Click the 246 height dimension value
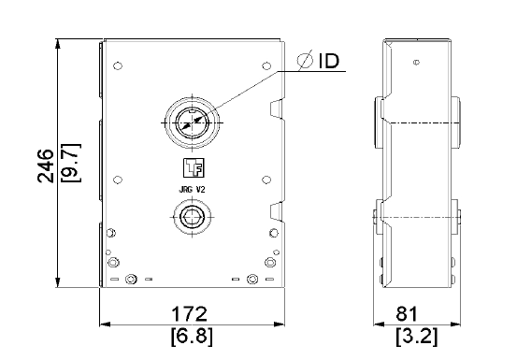tap(46, 166)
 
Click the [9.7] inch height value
tap(71, 163)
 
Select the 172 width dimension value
tap(189, 313)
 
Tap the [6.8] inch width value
tap(192, 337)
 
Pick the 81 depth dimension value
tap(407, 313)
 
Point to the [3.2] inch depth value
tap(417, 337)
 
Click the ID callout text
tap(329, 61)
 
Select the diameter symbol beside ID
tap(305, 60)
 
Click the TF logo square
tap(194, 167)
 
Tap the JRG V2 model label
tap(192, 190)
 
